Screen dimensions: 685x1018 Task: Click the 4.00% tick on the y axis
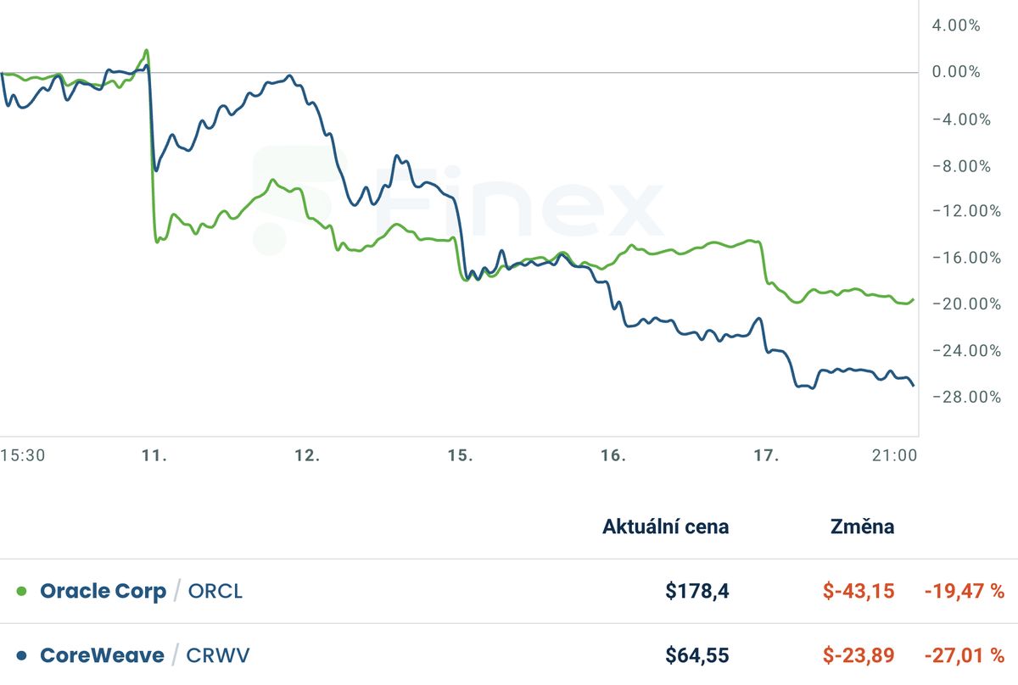tap(956, 25)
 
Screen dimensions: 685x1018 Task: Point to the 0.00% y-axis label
tap(956, 72)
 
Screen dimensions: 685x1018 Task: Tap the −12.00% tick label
tap(961, 211)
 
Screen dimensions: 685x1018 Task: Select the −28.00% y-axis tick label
tap(961, 397)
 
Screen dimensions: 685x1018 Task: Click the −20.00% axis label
tap(961, 304)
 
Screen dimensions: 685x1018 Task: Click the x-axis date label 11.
tap(154, 456)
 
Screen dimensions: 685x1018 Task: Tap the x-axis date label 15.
tap(460, 456)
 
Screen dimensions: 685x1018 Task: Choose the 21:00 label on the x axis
tap(894, 456)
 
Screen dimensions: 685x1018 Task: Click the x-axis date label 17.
tap(766, 456)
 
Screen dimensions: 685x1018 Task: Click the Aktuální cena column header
tap(665, 526)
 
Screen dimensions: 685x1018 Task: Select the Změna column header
tap(861, 526)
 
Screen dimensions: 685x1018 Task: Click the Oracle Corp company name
tap(103, 591)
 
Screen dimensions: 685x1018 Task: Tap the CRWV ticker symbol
tap(218, 655)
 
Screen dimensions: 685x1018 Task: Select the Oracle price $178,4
tap(697, 591)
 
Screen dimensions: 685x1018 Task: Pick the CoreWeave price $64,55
tap(696, 655)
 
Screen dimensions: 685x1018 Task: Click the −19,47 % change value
tap(964, 591)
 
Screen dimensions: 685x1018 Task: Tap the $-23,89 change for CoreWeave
tap(859, 655)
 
